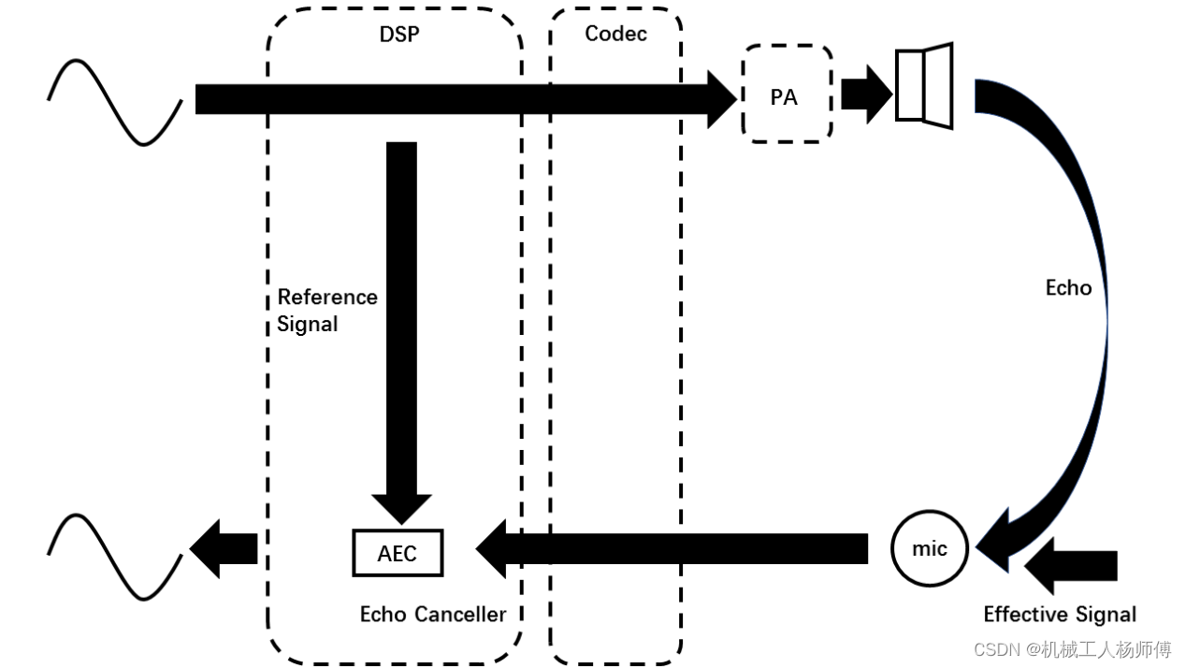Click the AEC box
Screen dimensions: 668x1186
(x=398, y=553)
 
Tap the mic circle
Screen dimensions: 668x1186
(x=929, y=549)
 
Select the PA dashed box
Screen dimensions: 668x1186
(x=786, y=94)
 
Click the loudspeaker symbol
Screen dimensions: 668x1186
(x=923, y=86)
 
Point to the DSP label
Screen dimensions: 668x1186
(x=399, y=35)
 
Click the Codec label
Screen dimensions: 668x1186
(x=615, y=34)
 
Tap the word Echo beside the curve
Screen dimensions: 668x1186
(x=1068, y=288)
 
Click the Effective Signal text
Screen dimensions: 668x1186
(x=1060, y=615)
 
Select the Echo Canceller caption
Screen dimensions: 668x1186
(x=432, y=615)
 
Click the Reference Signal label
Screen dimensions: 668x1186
(x=326, y=311)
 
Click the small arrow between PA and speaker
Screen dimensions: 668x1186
(x=864, y=94)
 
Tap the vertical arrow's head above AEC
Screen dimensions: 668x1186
(x=401, y=508)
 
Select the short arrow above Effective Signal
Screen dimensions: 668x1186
(x=1071, y=565)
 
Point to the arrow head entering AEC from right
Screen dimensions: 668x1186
(x=493, y=548)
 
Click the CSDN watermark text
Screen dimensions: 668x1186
(x=1072, y=649)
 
